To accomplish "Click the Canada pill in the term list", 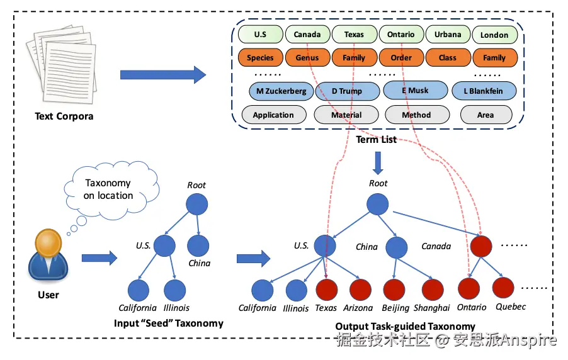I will [x=307, y=35].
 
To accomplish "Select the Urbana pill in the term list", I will [x=448, y=35].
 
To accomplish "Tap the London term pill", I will [x=494, y=35].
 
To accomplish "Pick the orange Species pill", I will [x=260, y=58].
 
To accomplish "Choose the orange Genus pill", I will [x=307, y=58].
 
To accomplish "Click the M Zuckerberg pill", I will [x=281, y=91].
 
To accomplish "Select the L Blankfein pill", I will [x=484, y=91].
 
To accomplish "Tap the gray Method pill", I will [x=416, y=115].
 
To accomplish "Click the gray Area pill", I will [x=486, y=115].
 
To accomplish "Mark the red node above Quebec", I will [x=504, y=288].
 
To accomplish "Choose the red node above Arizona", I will [x=360, y=290].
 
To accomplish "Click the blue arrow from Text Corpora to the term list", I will [x=162, y=75].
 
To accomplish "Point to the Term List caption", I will [x=377, y=139].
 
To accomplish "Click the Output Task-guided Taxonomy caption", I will [x=405, y=326].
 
